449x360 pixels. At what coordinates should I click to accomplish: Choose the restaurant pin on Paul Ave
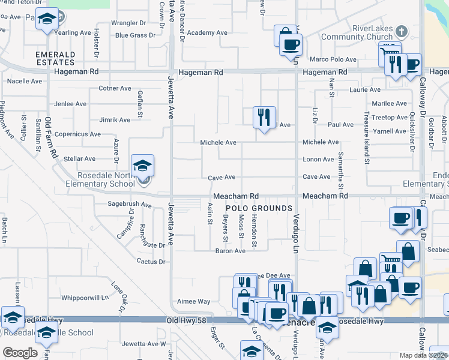(264, 118)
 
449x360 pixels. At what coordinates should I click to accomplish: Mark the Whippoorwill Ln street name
(84, 297)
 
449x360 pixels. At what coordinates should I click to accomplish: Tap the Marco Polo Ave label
(333, 59)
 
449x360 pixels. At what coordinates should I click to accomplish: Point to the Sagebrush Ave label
(129, 204)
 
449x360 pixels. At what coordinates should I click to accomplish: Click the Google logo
(20, 353)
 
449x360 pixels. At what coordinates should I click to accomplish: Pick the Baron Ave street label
(231, 251)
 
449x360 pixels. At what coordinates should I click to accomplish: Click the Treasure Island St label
(366, 137)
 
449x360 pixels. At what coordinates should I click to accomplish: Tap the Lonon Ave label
(318, 159)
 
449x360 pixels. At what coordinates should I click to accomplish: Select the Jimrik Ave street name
(114, 119)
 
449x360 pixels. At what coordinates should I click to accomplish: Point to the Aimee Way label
(193, 301)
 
